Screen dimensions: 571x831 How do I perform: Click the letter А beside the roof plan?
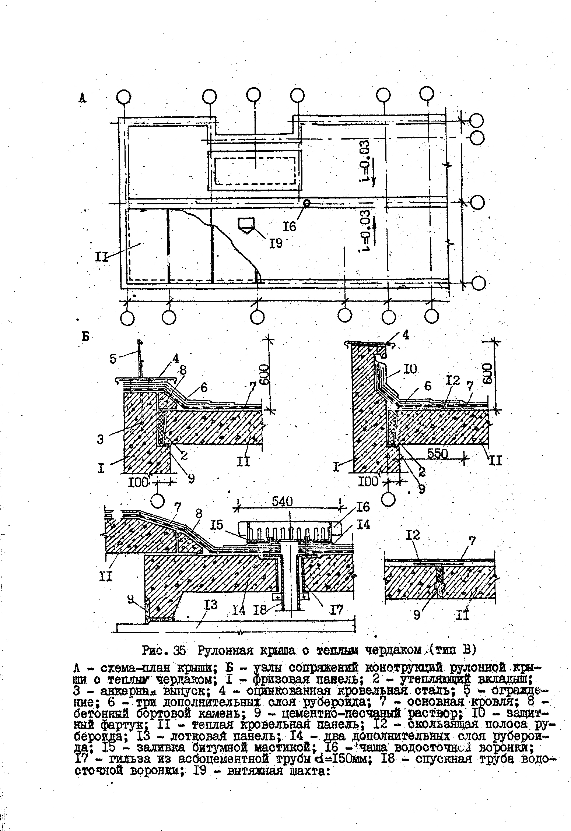(83, 98)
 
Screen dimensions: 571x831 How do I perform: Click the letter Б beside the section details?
(86, 337)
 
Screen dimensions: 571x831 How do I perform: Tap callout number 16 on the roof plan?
(290, 226)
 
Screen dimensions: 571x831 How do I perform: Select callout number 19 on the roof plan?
(275, 243)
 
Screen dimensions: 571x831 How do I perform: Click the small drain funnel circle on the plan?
(306, 203)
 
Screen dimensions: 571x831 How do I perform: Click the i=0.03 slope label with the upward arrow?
(367, 231)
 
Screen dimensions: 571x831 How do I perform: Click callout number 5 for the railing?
(113, 358)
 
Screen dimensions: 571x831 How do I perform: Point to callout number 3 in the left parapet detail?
(101, 439)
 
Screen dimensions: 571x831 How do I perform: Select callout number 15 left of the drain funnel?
(217, 525)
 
